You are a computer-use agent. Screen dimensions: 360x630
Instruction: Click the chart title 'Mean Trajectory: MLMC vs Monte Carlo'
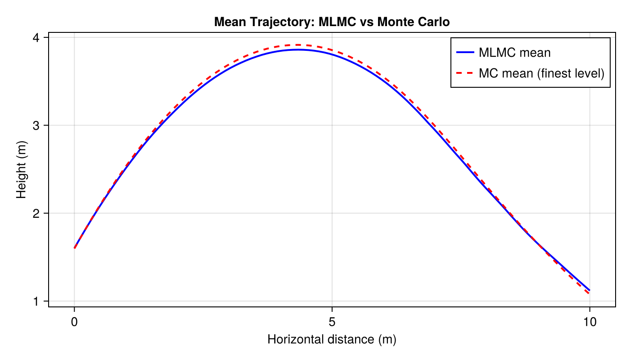[x=332, y=22]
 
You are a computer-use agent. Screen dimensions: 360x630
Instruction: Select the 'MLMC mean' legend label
[x=514, y=53]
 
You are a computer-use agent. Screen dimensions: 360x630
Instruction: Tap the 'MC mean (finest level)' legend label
[x=541, y=73]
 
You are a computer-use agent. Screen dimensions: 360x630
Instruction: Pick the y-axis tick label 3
[x=39, y=125]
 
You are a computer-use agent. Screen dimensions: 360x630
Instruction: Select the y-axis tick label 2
[x=39, y=213]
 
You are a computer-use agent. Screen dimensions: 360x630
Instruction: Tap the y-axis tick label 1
[x=39, y=301]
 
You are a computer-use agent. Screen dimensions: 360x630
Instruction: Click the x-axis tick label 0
[x=74, y=322]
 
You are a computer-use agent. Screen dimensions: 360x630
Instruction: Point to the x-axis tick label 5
[x=332, y=322]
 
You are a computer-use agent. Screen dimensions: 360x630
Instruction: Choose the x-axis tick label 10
[x=589, y=322]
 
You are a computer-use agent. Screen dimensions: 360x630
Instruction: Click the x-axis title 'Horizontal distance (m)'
[x=332, y=339]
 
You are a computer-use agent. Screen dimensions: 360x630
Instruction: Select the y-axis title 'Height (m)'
[x=21, y=169]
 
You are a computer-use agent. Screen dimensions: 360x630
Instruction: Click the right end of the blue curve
[x=589, y=290]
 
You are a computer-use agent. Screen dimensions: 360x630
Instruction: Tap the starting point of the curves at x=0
[x=74, y=248]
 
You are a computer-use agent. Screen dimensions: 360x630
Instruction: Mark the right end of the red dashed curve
[x=589, y=294]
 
